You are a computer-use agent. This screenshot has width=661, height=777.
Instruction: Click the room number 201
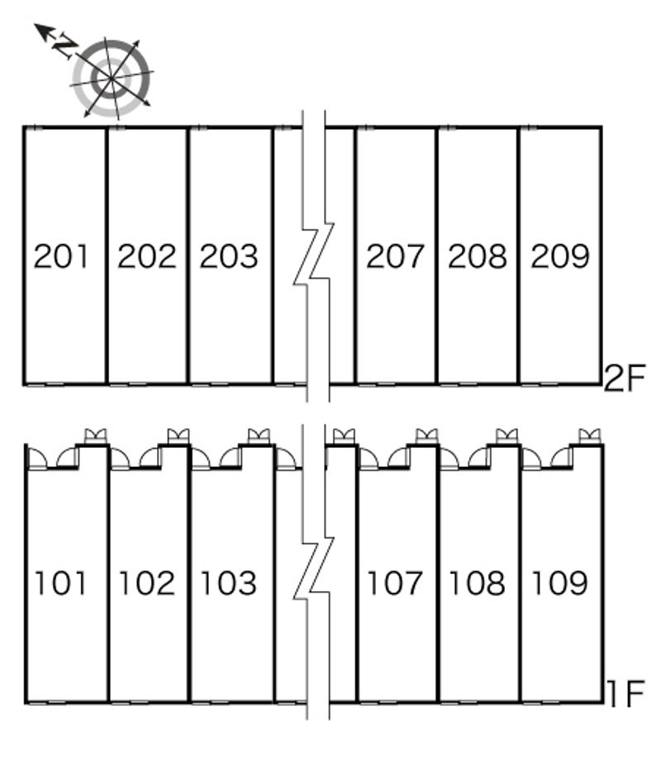point(61,256)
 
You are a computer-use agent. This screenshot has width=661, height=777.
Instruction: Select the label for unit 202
point(147,256)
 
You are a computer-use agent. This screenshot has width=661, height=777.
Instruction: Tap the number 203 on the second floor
point(229,256)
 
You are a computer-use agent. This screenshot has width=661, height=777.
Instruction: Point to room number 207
point(395,256)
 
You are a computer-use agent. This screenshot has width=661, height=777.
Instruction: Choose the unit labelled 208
point(478,256)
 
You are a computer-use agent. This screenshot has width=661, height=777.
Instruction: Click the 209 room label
point(560,256)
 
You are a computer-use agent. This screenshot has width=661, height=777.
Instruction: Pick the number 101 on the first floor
point(60,583)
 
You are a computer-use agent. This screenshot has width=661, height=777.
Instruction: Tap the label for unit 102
point(147,583)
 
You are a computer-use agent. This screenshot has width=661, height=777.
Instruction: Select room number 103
point(228,583)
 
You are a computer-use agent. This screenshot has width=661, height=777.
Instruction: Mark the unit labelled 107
point(394,583)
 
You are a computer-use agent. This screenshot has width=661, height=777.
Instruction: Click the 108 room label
point(477,583)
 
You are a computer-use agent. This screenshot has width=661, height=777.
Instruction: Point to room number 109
point(559,583)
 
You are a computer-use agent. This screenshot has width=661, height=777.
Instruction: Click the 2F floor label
point(625,378)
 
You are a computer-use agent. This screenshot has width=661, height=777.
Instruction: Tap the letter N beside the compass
point(64,45)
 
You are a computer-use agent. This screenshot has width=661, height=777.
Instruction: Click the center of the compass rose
point(112,79)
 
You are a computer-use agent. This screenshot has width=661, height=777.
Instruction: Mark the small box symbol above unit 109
point(589,436)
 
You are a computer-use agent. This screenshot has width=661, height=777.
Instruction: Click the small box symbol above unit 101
point(95,436)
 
